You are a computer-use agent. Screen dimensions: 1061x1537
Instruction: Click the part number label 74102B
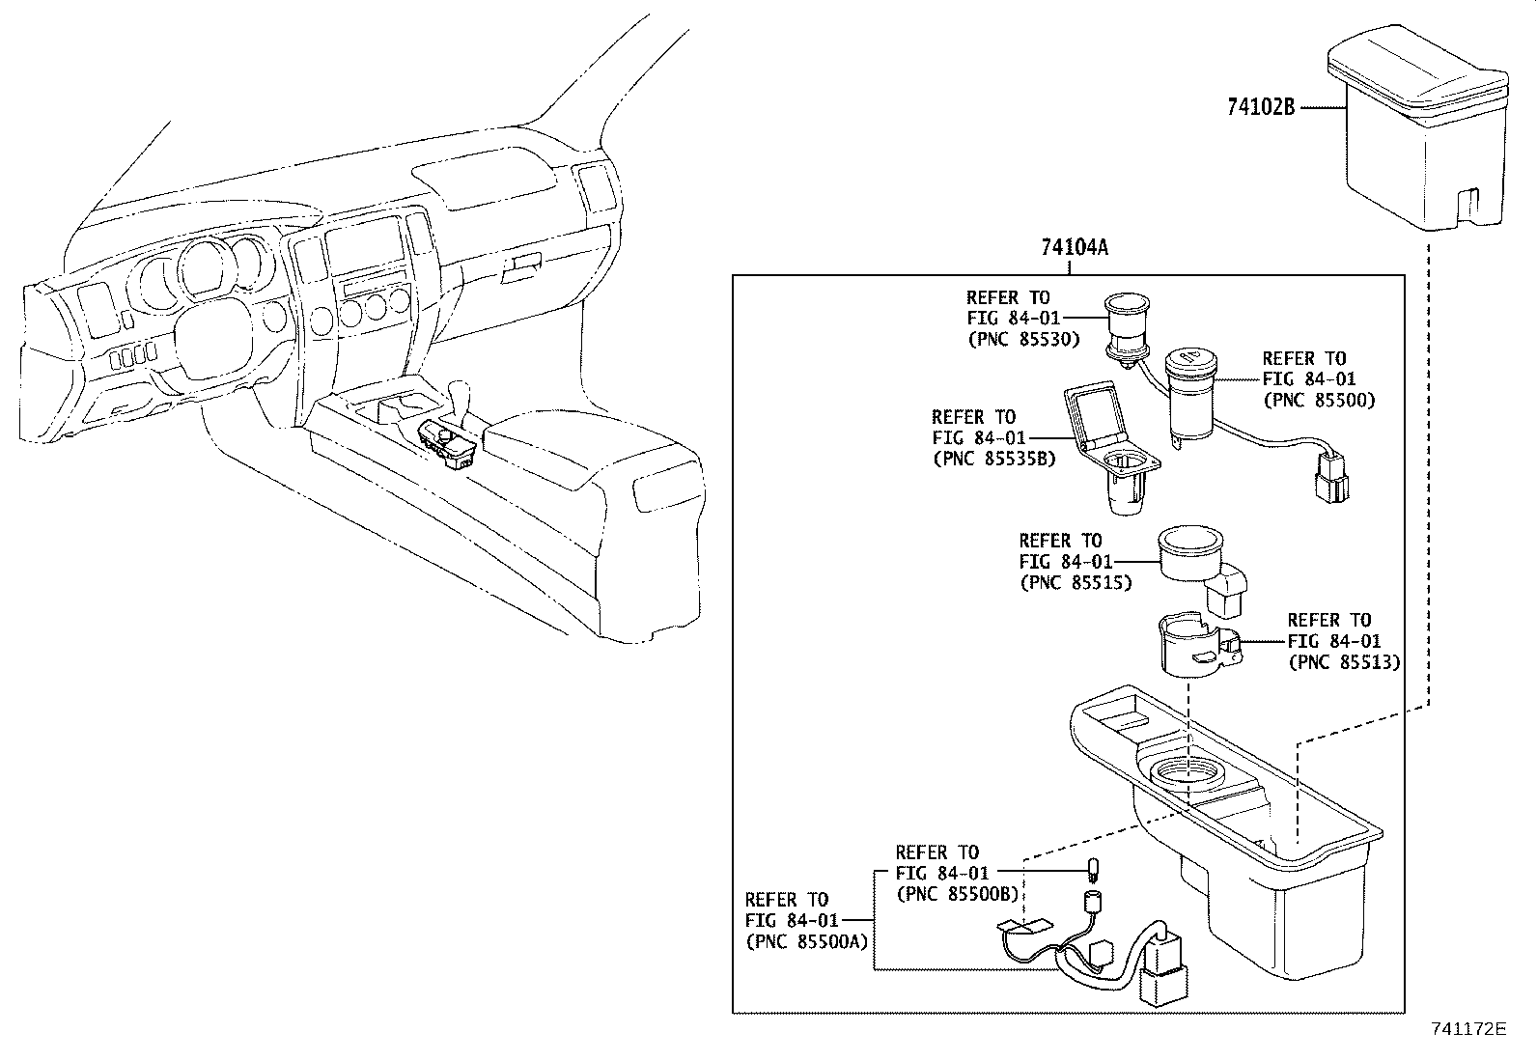[x=1260, y=108]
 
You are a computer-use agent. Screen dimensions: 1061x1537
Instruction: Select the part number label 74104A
[x=1074, y=248]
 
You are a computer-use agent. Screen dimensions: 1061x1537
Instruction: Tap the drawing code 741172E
[x=1467, y=1029]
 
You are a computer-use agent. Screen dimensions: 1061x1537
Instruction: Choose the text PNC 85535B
[x=993, y=459]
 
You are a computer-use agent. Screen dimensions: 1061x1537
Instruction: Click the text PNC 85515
[x=1075, y=582]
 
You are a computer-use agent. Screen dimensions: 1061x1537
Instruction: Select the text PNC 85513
[x=1343, y=662]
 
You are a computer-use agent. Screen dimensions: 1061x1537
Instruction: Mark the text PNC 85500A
[x=806, y=941]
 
